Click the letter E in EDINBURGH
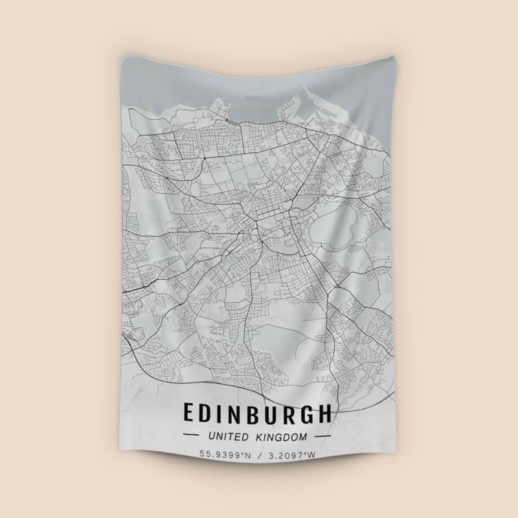click(x=190, y=413)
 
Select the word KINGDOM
click(x=282, y=436)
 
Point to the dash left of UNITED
click(x=193, y=436)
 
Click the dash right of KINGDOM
click(x=322, y=436)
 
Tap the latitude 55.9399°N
click(x=225, y=455)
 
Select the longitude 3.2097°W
click(x=291, y=455)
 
